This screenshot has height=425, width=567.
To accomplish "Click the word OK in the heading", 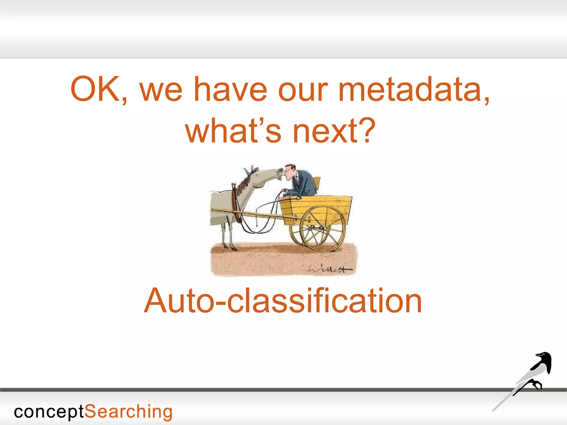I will tap(96, 89).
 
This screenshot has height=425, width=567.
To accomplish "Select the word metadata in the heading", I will tap(414, 89).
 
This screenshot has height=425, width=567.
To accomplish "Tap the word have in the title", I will tap(230, 89).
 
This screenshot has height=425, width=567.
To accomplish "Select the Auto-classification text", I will tap(283, 301).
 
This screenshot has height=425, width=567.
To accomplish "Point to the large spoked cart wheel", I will tap(323, 228).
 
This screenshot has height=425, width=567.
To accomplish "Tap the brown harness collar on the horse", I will tap(235, 203).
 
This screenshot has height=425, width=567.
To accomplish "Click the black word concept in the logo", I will tap(49, 412).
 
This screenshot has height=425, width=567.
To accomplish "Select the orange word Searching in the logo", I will tap(128, 412).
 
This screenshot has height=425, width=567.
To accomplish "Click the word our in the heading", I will tap(303, 89).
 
